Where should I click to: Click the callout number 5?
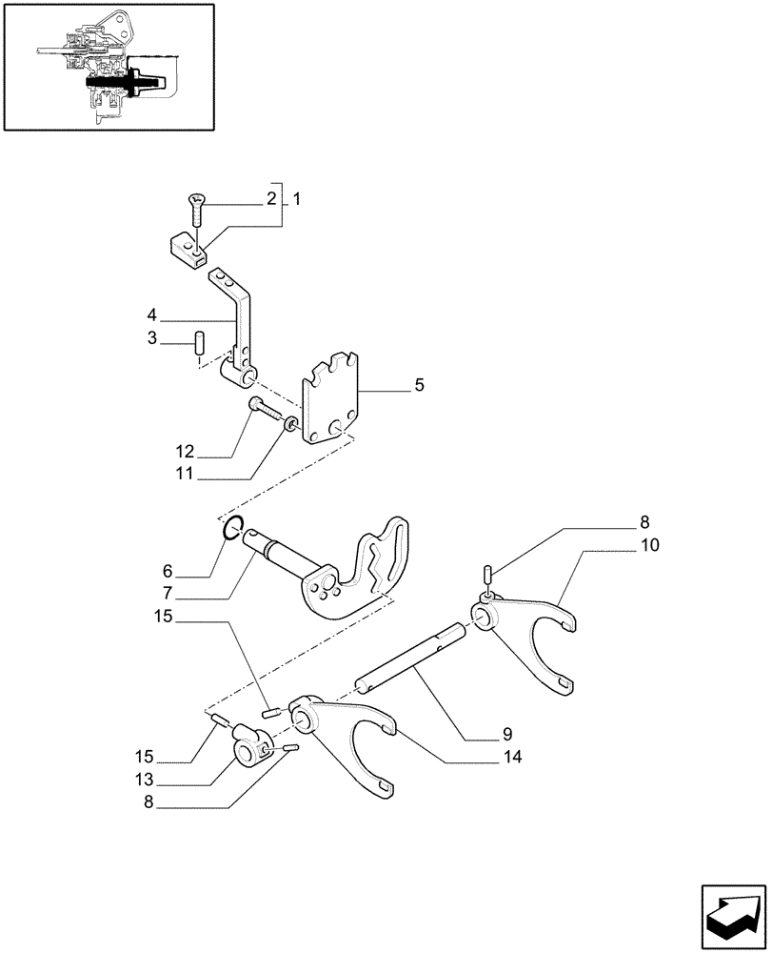(x=393, y=386)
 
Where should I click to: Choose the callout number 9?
(x=506, y=734)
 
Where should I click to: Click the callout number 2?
(x=271, y=200)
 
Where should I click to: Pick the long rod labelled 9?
(x=409, y=658)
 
